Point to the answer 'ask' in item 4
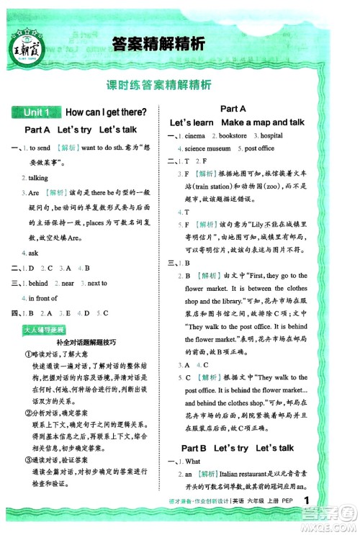[x=33, y=253]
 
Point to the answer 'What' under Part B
[x=193, y=462]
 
